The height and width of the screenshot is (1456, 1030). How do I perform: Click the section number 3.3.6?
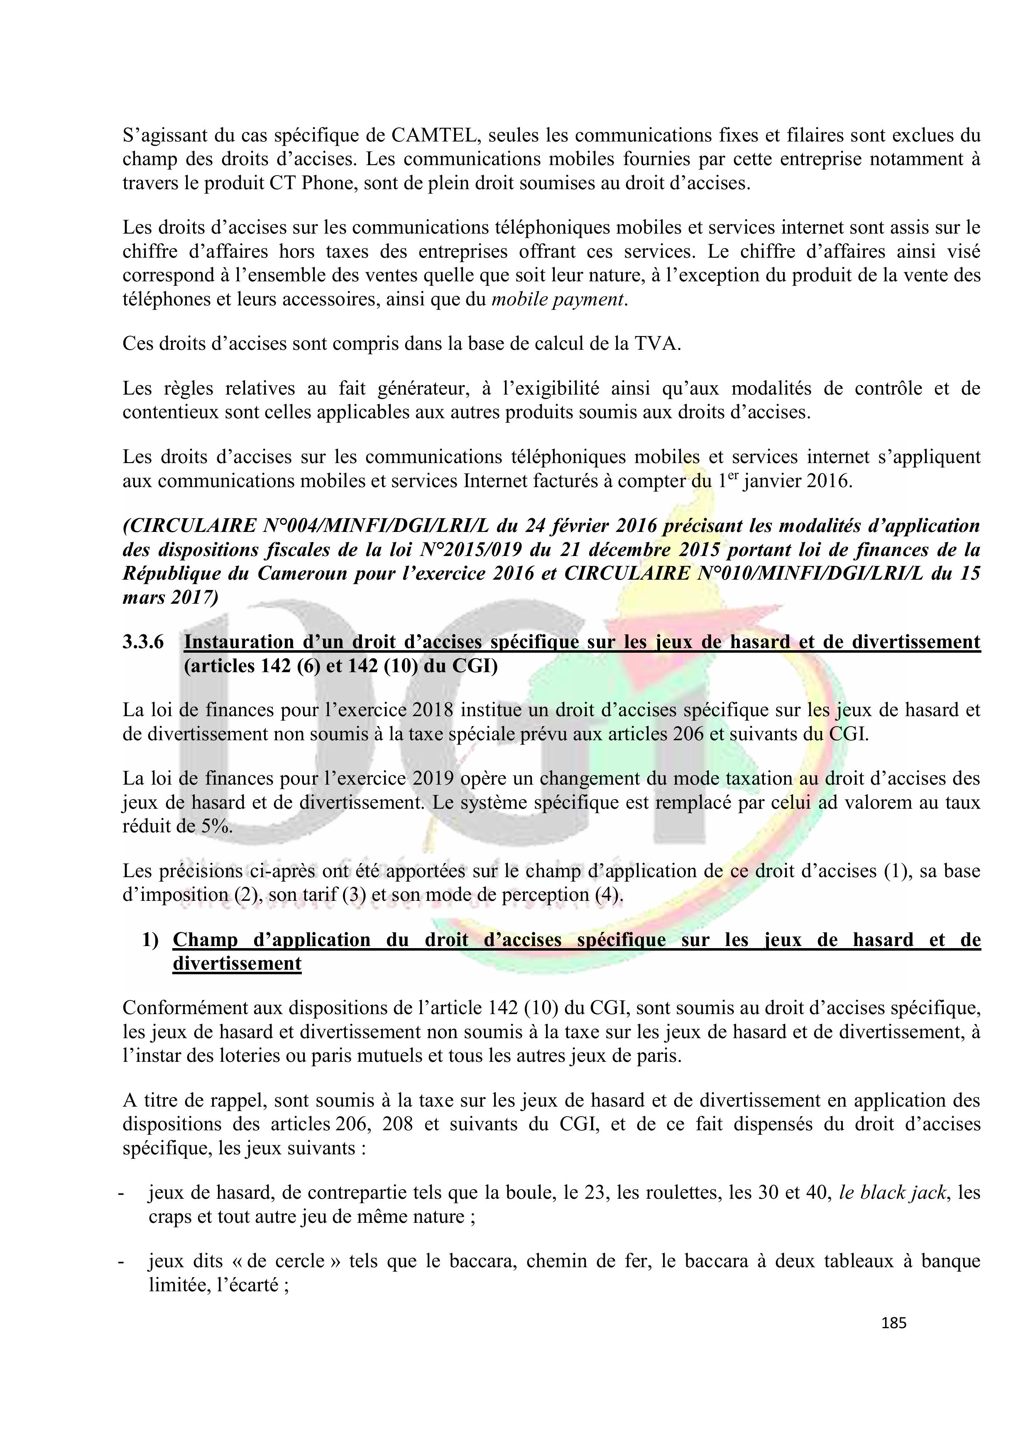tap(143, 642)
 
